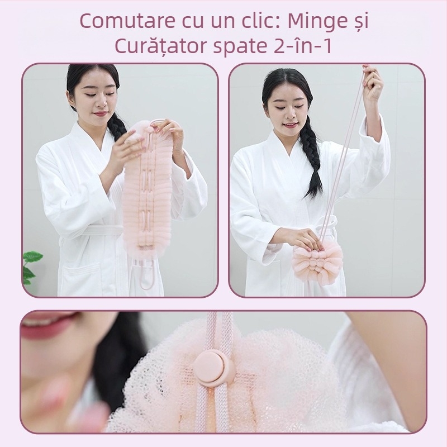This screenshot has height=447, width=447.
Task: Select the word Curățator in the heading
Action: [x=160, y=46]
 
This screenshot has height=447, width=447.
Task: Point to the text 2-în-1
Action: [x=302, y=46]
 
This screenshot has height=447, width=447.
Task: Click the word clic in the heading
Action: [x=258, y=21]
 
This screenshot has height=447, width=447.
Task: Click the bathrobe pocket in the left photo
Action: [x=80, y=278]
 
